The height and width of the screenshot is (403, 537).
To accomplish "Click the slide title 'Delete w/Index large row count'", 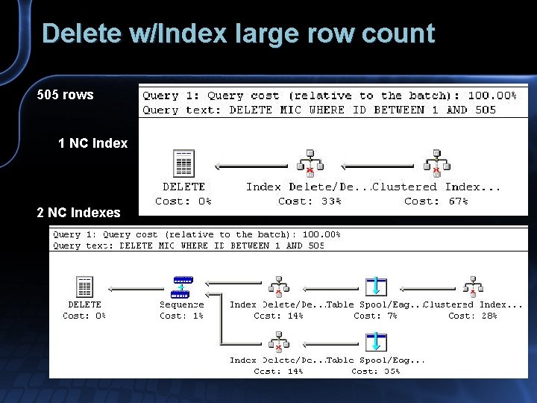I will click(x=238, y=34).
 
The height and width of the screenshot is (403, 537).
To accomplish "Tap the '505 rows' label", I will click(x=66, y=95).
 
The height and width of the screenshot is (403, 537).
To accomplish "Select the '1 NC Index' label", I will click(x=92, y=143).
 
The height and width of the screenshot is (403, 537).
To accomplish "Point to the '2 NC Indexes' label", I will click(x=78, y=213).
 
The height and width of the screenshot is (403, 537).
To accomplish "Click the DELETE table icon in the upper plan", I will click(x=183, y=163).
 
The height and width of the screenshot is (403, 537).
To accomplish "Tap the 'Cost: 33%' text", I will click(x=310, y=201).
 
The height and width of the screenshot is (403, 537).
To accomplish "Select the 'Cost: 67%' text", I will click(x=436, y=201).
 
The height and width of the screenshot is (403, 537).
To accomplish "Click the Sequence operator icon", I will click(x=182, y=287).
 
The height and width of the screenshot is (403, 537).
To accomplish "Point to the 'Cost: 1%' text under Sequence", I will click(x=181, y=316).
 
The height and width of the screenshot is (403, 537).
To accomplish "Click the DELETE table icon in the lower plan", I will click(x=85, y=287).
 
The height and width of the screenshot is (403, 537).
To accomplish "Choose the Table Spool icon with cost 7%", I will click(x=377, y=287).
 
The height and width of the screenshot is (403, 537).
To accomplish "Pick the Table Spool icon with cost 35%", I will click(x=377, y=343).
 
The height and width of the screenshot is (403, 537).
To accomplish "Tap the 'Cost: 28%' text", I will click(x=473, y=316).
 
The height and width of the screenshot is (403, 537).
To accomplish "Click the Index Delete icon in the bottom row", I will click(x=278, y=343).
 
